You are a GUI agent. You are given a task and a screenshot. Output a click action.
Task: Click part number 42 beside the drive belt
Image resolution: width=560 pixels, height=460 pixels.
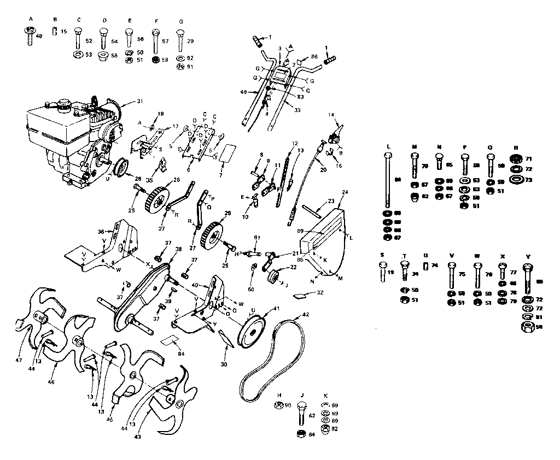[306, 315]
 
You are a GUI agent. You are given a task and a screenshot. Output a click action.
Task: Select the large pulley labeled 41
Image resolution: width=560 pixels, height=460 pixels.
[255, 330]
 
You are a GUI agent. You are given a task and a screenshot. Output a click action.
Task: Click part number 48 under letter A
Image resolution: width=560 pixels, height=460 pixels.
[39, 36]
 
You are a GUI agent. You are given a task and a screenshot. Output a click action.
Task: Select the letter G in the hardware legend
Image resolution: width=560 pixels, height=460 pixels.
[180, 21]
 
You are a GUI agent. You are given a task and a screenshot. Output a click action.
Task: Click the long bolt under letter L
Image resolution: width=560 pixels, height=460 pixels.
[388, 180]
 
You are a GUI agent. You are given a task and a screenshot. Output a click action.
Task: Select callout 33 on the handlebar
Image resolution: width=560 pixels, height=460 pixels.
[296, 110]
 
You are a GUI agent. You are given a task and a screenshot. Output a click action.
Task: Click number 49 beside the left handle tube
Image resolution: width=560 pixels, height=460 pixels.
[243, 92]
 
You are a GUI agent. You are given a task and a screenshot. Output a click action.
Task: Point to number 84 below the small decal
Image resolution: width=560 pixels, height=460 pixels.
[181, 354]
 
